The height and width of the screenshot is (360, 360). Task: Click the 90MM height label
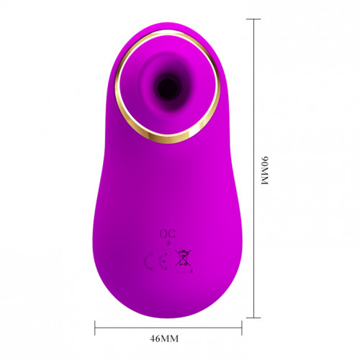tap(265, 171)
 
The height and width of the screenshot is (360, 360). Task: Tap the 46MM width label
tap(164, 338)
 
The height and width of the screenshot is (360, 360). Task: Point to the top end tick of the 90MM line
tap(253, 19)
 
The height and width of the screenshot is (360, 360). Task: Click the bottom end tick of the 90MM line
tap(253, 318)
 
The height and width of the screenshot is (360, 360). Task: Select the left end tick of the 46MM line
tap(95, 328)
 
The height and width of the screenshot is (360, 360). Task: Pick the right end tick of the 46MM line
tap(242, 328)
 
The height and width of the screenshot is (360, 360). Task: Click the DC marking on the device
tap(168, 234)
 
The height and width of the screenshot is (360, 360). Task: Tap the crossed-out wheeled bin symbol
tap(183, 258)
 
